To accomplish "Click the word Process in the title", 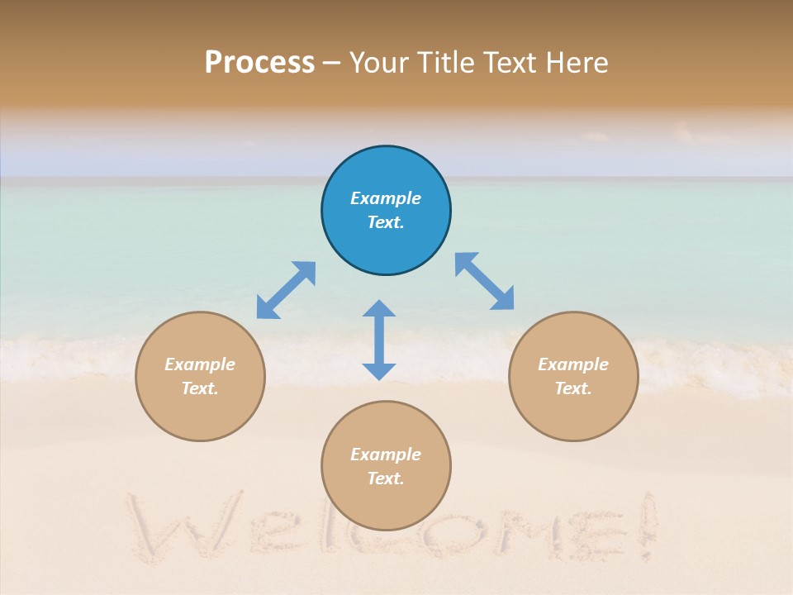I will [259, 63].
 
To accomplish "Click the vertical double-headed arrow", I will [379, 340].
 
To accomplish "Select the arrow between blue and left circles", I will [286, 290].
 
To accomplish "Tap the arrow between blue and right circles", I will [485, 282].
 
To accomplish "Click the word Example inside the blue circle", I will [386, 198].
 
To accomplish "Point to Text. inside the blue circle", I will [386, 222].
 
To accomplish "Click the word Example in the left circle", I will [200, 364].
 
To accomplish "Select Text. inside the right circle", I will [573, 388].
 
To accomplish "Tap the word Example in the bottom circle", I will [386, 455].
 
